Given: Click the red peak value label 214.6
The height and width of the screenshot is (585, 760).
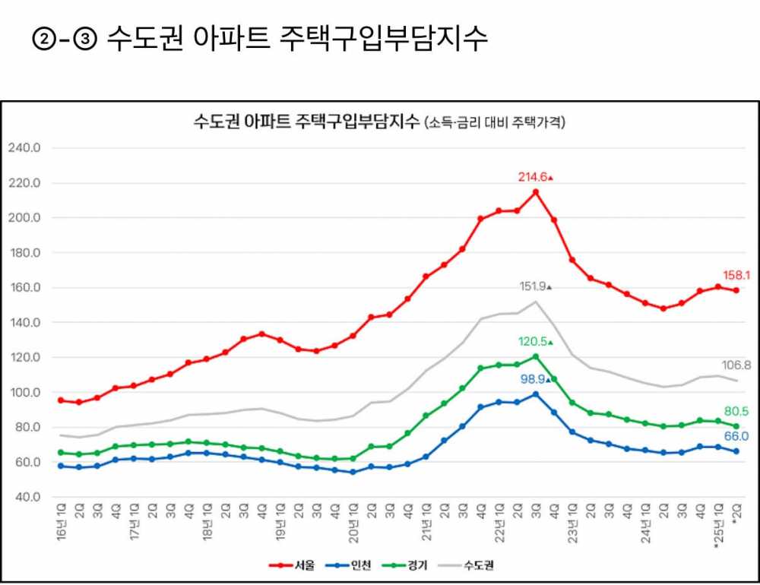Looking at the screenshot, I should [x=533, y=177].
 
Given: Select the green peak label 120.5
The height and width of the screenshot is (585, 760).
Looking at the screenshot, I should [x=534, y=342].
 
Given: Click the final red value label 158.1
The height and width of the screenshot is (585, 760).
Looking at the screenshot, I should [x=737, y=276].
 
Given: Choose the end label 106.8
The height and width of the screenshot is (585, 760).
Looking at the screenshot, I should [x=737, y=365].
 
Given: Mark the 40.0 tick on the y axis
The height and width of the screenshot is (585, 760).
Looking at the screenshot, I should [x=26, y=498].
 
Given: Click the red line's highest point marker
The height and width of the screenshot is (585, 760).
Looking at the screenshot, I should [x=536, y=192].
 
